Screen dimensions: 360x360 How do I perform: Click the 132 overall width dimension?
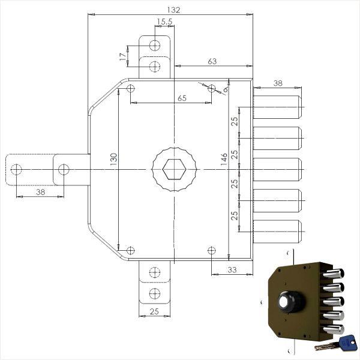(x=173, y=10)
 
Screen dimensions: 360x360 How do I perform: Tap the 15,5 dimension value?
(x=164, y=22)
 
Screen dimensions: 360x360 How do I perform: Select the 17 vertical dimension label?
(x=123, y=56)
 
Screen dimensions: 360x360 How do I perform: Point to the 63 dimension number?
(x=212, y=61)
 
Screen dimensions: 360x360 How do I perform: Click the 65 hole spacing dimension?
(x=182, y=98)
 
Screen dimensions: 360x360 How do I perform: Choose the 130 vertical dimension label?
(x=113, y=160)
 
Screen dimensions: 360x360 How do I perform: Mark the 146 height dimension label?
(x=224, y=160)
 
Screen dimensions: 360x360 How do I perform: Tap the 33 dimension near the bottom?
(x=232, y=269)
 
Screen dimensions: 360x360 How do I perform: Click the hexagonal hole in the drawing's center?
(x=174, y=169)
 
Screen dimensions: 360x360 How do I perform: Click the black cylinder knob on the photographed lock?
(x=291, y=302)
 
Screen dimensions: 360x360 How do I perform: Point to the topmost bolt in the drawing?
(x=277, y=107)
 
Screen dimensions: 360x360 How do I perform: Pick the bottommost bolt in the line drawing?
(x=277, y=232)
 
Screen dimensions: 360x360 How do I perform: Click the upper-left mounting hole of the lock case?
(x=131, y=88)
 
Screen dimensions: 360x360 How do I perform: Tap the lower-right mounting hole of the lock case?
(x=211, y=250)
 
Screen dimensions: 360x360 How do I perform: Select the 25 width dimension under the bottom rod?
(x=154, y=311)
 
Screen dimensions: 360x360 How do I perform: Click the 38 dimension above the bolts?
(x=278, y=83)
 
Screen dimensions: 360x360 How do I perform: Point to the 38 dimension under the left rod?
(x=41, y=192)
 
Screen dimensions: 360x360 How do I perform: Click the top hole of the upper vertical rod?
(x=155, y=45)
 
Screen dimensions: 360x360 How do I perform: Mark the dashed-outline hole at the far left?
(x=16, y=170)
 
